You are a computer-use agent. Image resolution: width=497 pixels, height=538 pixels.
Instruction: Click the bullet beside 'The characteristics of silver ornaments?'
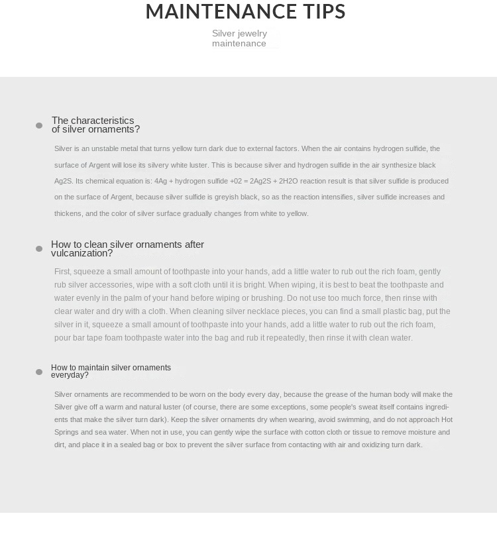[x=39, y=125]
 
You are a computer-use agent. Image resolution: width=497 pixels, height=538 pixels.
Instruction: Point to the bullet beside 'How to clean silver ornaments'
[x=39, y=248]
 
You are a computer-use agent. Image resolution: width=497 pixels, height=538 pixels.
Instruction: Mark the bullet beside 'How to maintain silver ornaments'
[x=39, y=372]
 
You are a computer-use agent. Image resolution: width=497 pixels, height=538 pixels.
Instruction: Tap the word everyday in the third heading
[x=68, y=375]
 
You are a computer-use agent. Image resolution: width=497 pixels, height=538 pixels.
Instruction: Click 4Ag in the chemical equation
[x=161, y=181]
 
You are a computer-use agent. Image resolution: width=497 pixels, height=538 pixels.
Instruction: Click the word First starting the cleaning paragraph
[x=62, y=272]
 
